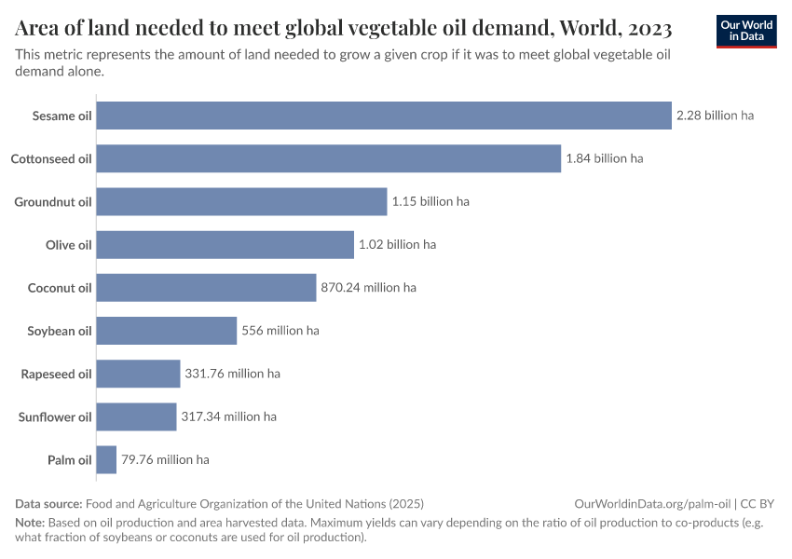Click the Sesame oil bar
pyautogui.click(x=384, y=116)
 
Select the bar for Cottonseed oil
pyautogui.click(x=328, y=158)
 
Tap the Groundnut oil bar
pyautogui.click(x=241, y=201)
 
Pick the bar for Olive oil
pyautogui.click(x=225, y=245)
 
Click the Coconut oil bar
pyautogui.click(x=206, y=288)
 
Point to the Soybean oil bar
pyautogui.click(x=167, y=331)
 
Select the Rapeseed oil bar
pyautogui.click(x=138, y=374)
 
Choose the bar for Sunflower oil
pyautogui.click(x=136, y=416)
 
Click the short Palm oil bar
pyautogui.click(x=106, y=459)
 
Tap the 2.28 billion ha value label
pyautogui.click(x=715, y=116)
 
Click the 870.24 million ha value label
pyautogui.click(x=368, y=288)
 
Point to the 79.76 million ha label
pyautogui.click(x=165, y=459)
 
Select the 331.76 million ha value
pyautogui.click(x=232, y=374)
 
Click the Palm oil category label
pyautogui.click(x=69, y=459)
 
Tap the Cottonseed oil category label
pyautogui.click(x=51, y=158)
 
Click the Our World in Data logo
pyautogui.click(x=746, y=30)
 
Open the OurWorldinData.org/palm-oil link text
pyautogui.click(x=653, y=503)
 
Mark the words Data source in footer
pyautogui.click(x=49, y=503)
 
